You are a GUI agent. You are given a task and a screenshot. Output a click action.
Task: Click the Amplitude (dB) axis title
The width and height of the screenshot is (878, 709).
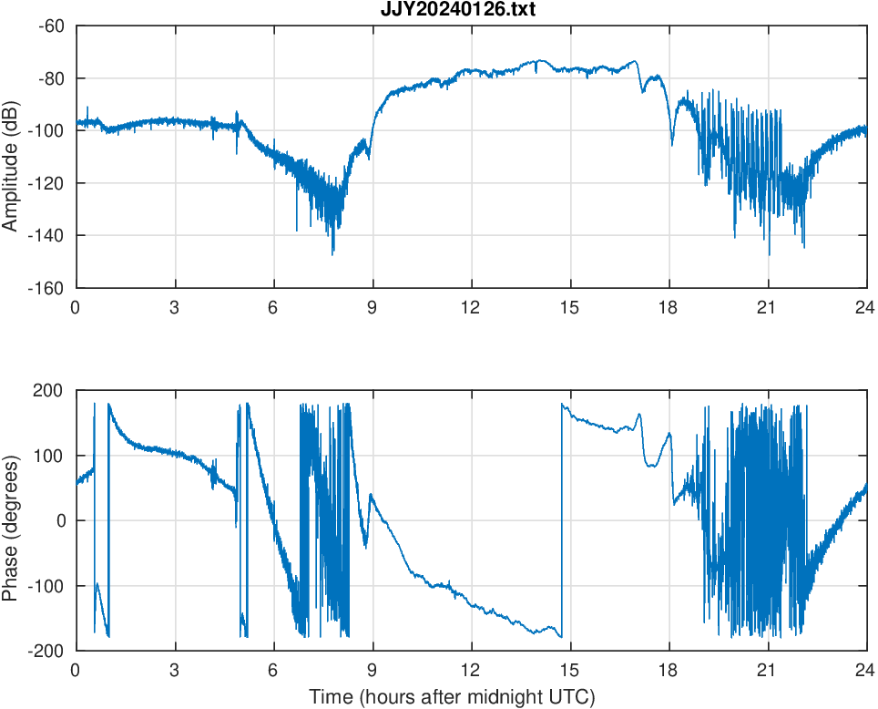coord(12,156)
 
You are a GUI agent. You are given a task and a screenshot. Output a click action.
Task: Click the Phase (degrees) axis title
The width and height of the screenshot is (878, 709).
coord(12,520)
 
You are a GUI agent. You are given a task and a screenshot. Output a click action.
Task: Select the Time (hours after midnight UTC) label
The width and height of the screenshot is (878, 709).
coord(452,698)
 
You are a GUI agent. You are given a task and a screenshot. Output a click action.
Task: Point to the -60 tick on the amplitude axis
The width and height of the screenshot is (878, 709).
coord(50,26)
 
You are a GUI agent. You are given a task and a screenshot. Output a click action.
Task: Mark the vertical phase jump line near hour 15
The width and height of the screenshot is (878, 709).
coord(562,519)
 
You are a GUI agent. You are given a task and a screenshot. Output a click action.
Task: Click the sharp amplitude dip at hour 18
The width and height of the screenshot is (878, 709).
coord(672,143)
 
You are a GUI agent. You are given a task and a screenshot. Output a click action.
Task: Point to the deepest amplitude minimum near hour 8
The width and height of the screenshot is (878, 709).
coord(332,252)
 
